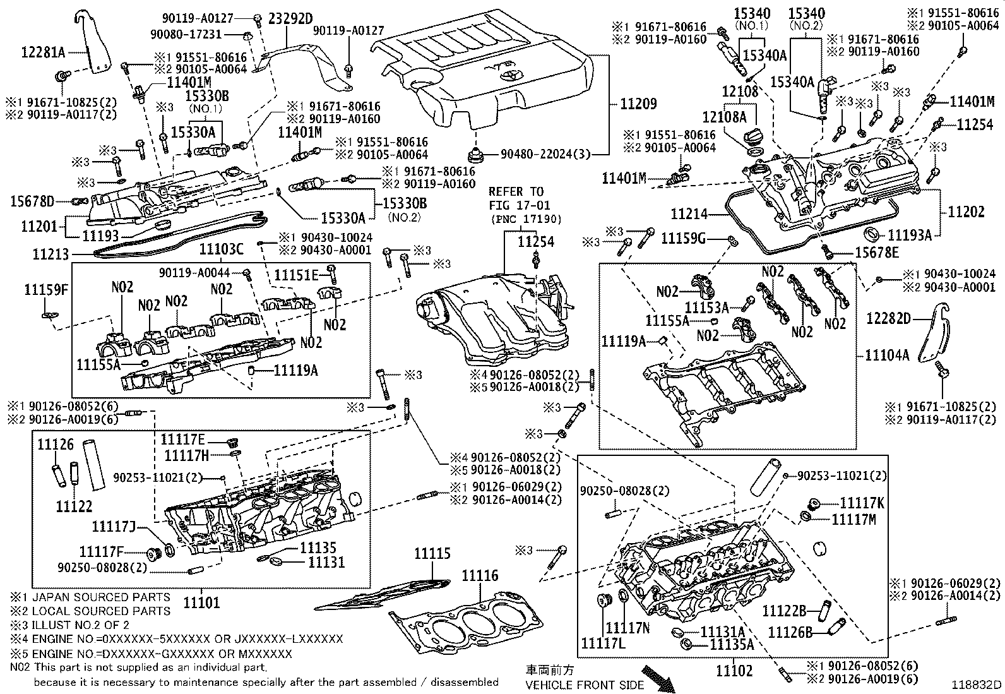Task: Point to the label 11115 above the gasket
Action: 432,554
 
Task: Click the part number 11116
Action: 480,575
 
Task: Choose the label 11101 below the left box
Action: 201,602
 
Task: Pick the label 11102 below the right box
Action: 734,670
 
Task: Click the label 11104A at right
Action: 887,355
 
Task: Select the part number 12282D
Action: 888,318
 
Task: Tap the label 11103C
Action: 221,249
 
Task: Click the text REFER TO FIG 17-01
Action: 516,198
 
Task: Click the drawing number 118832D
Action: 977,685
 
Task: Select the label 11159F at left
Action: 45,290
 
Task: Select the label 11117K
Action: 862,503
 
